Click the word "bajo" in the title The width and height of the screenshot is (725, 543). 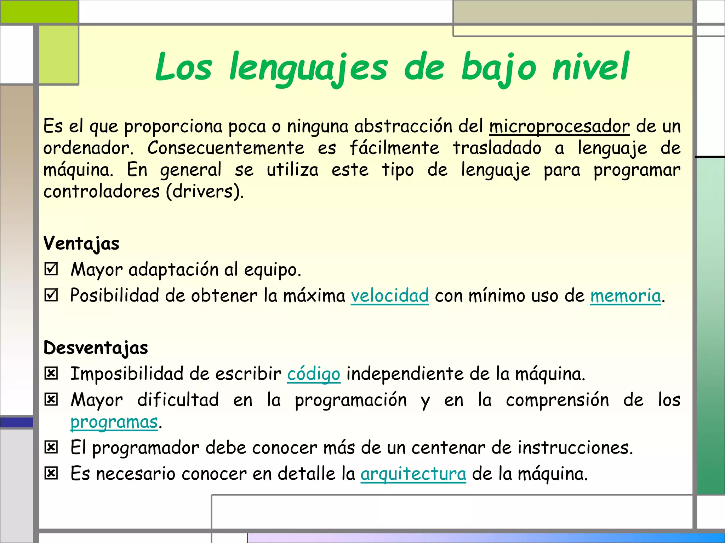tap(498, 67)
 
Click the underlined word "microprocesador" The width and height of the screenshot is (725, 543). tap(559, 127)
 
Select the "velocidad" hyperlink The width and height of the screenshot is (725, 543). tap(390, 296)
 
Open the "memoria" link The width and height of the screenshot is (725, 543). tap(625, 296)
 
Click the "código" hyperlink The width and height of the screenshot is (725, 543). tap(314, 374)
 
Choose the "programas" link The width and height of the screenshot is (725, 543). tap(114, 422)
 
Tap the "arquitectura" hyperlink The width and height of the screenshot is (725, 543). tap(413, 474)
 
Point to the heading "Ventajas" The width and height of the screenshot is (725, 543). tap(81, 244)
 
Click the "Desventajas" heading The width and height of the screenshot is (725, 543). tap(96, 348)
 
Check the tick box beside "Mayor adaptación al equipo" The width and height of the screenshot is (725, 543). tap(51, 269)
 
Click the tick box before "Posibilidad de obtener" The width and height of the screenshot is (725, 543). tap(51, 295)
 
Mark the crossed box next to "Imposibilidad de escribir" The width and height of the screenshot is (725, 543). tap(51, 373)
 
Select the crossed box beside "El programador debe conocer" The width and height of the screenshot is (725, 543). tap(51, 448)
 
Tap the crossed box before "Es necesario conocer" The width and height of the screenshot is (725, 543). tap(51, 473)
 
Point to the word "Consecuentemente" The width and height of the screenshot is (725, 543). tap(226, 148)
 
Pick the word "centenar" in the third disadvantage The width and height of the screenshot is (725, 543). tap(448, 448)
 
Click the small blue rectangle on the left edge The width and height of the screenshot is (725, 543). tap(17, 422)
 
